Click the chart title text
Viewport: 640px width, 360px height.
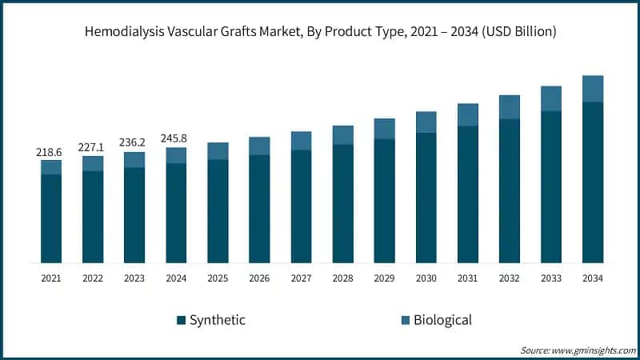pos(320,32)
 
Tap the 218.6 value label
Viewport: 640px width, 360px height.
pos(51,151)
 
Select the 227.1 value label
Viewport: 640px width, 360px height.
pos(93,147)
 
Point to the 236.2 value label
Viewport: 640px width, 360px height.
pos(134,143)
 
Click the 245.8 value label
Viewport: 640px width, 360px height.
pos(176,138)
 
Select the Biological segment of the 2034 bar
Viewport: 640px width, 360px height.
pos(592,89)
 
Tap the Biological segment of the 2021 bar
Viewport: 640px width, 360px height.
pos(51,167)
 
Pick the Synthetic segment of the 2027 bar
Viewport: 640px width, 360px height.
pos(301,206)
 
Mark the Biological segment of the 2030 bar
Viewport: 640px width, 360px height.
pos(426,122)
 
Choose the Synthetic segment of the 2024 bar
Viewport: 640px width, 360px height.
pos(176,213)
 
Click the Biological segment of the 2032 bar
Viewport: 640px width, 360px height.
pos(509,107)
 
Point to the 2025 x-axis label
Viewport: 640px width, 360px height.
pos(218,278)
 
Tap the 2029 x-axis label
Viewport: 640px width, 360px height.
pos(384,278)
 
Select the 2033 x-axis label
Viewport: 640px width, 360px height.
pos(550,278)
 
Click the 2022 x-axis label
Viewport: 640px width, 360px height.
pos(93,278)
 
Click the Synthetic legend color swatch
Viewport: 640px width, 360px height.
pos(181,321)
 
